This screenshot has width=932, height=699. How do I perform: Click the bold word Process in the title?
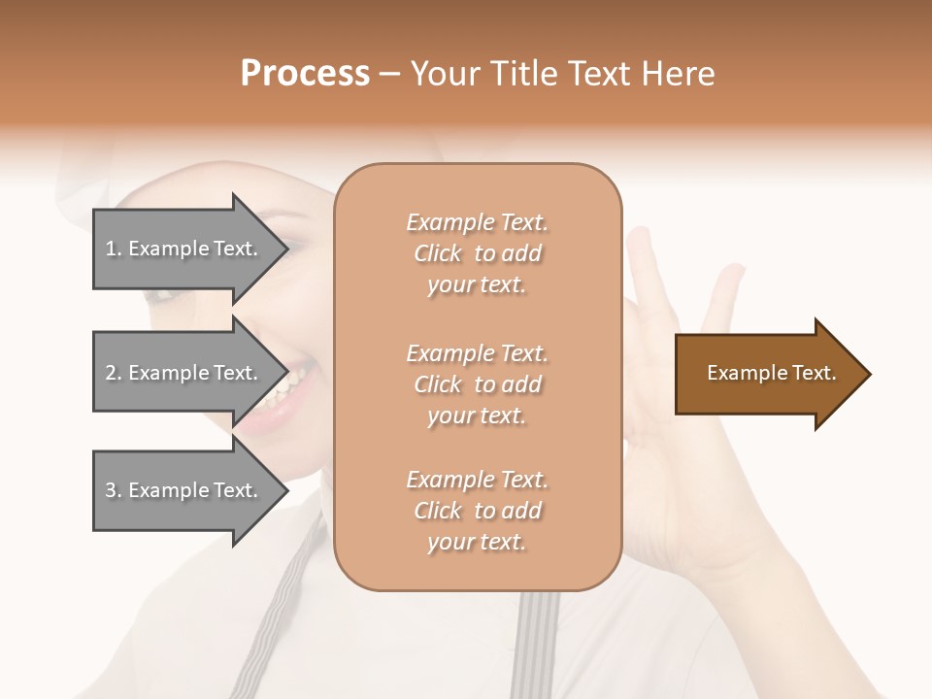[305, 74]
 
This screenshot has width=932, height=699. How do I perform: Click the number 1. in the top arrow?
[114, 249]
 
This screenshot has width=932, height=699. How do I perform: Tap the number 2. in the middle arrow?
[114, 373]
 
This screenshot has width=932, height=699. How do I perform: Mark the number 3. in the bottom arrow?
[114, 490]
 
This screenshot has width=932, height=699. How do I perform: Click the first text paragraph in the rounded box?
[477, 253]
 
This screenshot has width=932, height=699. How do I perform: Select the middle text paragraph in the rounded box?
[477, 384]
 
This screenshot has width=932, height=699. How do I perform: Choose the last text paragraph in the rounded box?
[477, 511]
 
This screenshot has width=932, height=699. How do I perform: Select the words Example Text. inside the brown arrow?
[771, 373]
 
